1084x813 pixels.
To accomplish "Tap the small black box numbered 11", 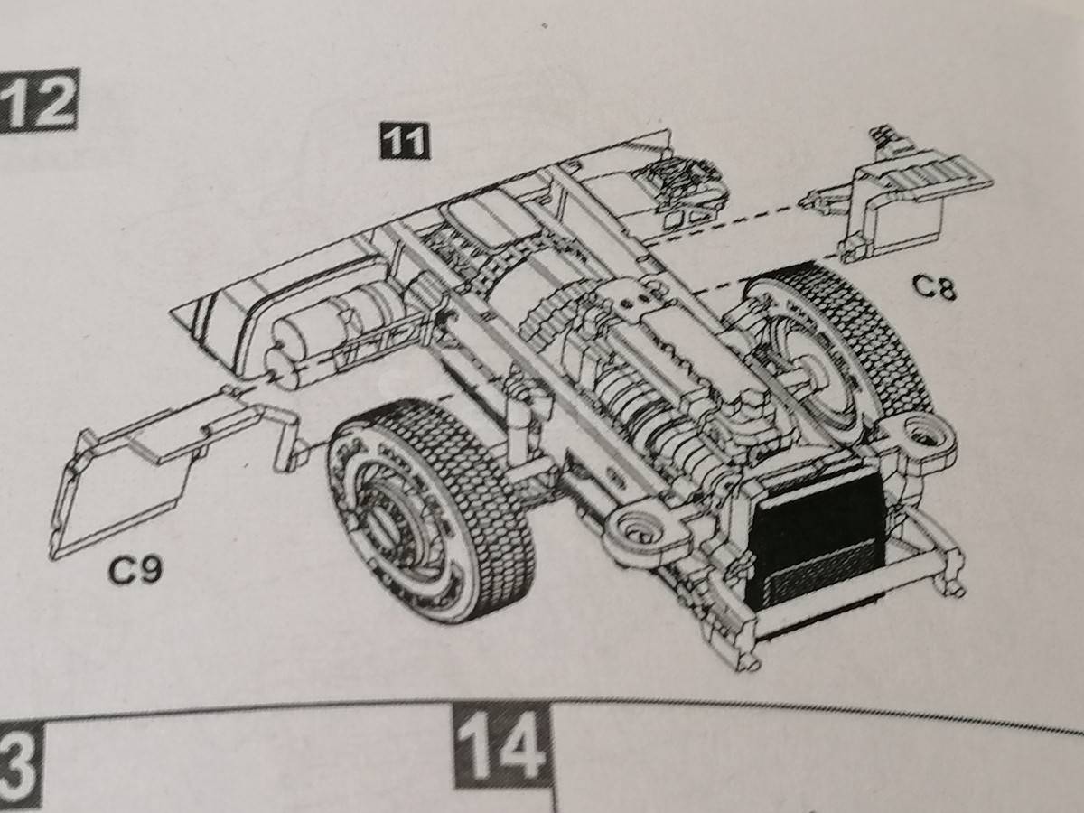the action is coord(405,141).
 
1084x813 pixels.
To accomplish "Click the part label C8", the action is coord(933,287).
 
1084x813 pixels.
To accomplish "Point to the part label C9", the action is coord(135,570).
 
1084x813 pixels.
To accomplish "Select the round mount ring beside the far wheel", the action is coord(922,435).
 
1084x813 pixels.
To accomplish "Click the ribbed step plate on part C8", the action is coord(939,177).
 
